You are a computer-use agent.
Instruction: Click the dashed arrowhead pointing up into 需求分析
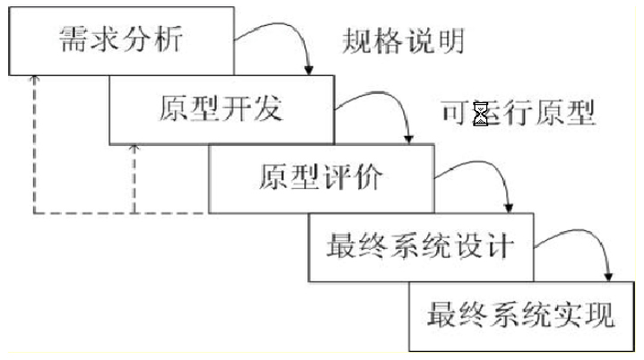click(34, 79)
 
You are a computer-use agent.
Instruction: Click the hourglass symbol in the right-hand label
click(481, 115)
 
